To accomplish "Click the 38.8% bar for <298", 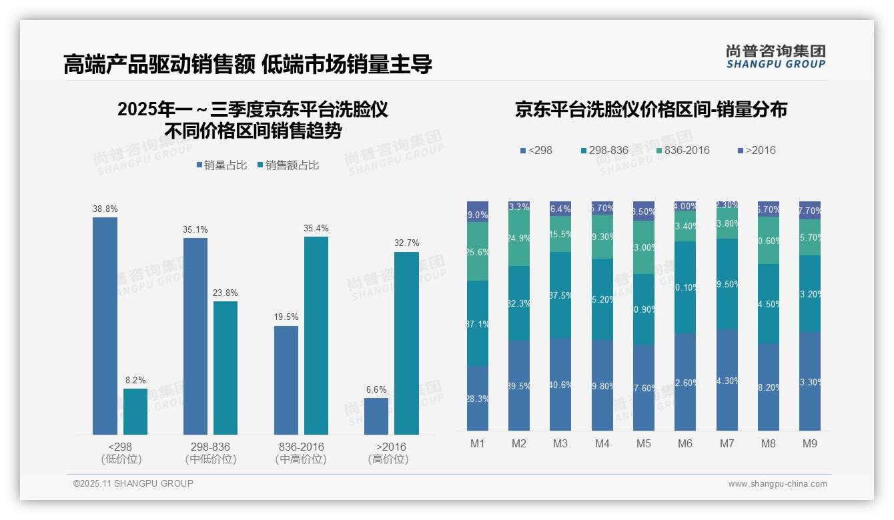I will click(x=105, y=326).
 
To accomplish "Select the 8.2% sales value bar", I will click(x=135, y=411).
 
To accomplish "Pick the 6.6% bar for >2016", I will click(x=376, y=416).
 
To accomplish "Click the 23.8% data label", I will click(x=226, y=293).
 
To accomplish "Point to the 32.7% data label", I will click(x=406, y=243).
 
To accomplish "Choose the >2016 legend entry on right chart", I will click(x=756, y=150).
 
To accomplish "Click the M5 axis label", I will click(x=643, y=443).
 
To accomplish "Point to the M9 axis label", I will click(x=809, y=443).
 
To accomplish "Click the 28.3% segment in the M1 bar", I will click(x=478, y=398).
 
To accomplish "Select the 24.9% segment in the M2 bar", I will click(x=519, y=238).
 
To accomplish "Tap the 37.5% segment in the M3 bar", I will click(x=560, y=295).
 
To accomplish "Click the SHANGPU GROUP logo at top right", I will click(x=775, y=57).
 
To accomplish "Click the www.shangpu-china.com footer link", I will click(x=777, y=484).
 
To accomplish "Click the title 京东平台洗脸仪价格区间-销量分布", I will click(x=650, y=109).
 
